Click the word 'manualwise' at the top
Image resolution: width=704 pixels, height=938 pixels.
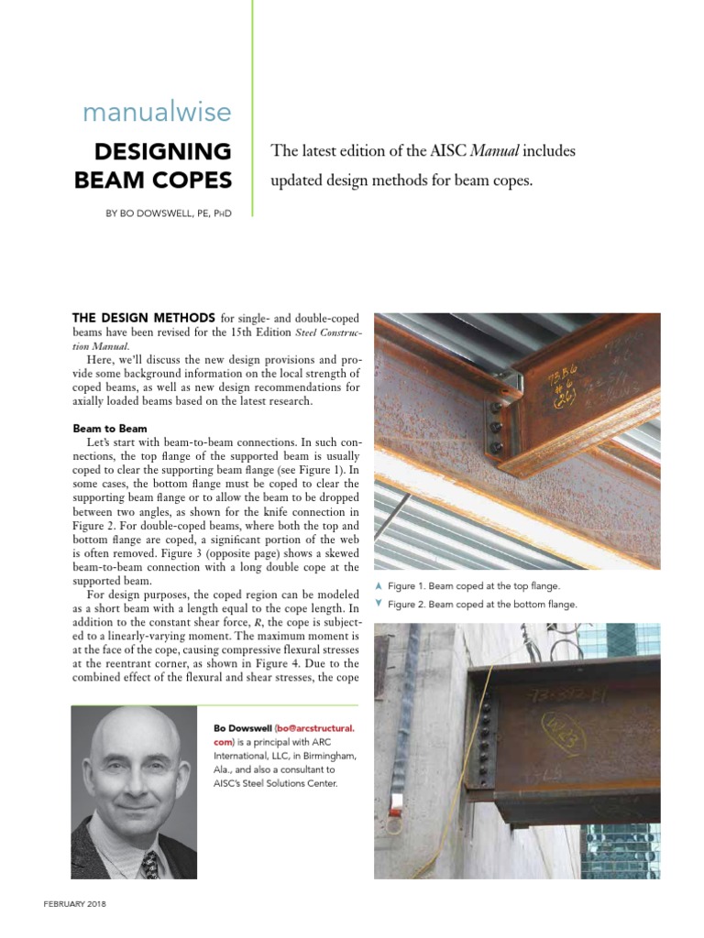pos(157,113)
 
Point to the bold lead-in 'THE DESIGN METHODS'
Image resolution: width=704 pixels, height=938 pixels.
pos(144,317)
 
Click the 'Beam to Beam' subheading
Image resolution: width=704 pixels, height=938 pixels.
pos(111,428)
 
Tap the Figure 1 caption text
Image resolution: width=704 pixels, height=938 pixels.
pos(473,586)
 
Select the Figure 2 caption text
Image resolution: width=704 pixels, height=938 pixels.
pos(482,605)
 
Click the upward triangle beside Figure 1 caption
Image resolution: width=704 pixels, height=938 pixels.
pos(379,585)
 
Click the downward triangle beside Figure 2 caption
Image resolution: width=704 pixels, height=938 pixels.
pos(379,604)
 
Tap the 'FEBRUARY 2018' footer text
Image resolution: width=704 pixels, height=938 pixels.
pos(75,903)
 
